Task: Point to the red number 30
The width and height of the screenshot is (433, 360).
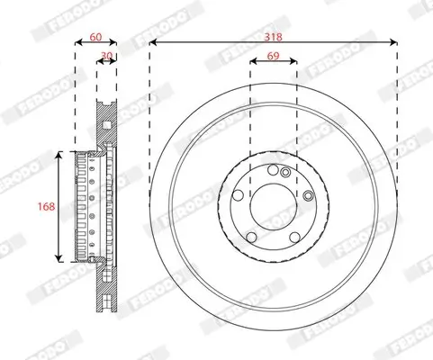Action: tap(106, 56)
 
